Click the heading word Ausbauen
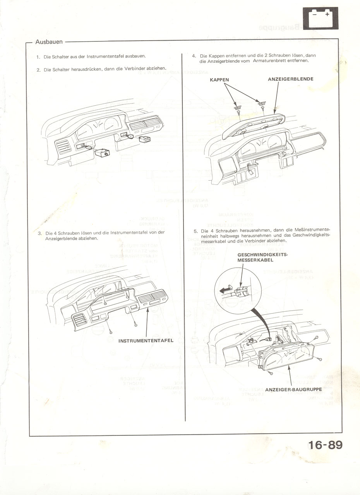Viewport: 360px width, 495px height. (49, 42)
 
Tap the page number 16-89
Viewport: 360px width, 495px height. (326, 445)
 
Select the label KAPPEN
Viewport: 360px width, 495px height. (219, 80)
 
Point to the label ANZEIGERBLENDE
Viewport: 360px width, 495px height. (290, 79)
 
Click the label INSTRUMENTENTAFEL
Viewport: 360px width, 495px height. (146, 341)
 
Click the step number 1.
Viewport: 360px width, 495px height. (38, 56)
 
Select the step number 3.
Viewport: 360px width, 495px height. (39, 233)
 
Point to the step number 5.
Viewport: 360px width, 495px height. (195, 231)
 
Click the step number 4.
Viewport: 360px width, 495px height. (194, 56)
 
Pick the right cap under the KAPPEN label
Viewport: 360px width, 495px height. (262, 103)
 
